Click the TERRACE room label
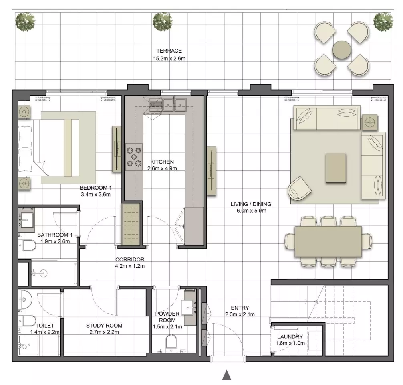pos(169,51)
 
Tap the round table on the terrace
pos(342,50)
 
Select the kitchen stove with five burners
pos(134,157)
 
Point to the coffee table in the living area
pos(336,168)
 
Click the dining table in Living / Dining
pos(328,241)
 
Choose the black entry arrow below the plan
pos(226,375)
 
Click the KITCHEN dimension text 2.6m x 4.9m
pos(162,168)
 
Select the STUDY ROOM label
pos(104,326)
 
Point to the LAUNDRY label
pos(290,336)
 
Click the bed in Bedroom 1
pos(48,148)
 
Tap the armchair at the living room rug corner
pos(299,188)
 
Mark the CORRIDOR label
pos(130,259)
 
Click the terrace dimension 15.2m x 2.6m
pos(169,59)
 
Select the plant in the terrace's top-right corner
pos(383,21)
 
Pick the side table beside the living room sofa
pos(370,122)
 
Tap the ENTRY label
pos(240,308)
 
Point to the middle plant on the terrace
pos(162,22)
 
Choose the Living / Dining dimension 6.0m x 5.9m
pos(251,211)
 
